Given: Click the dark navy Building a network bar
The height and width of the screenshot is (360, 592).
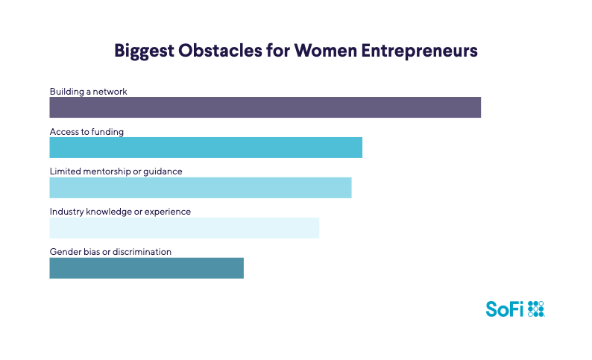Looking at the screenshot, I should click(265, 108).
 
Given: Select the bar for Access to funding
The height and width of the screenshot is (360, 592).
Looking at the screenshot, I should click(206, 148).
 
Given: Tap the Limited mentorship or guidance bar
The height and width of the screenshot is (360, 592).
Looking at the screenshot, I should click(200, 187).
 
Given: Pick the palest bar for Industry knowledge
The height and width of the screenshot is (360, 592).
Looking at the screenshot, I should click(184, 227).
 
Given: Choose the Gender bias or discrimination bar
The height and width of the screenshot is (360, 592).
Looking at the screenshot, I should click(146, 268).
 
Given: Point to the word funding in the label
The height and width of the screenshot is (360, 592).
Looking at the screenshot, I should click(107, 132).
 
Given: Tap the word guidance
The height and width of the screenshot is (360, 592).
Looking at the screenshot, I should click(163, 171).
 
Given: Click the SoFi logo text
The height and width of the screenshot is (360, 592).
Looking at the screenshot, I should click(505, 309).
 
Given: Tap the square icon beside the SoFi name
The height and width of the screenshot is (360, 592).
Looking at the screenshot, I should click(536, 309).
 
